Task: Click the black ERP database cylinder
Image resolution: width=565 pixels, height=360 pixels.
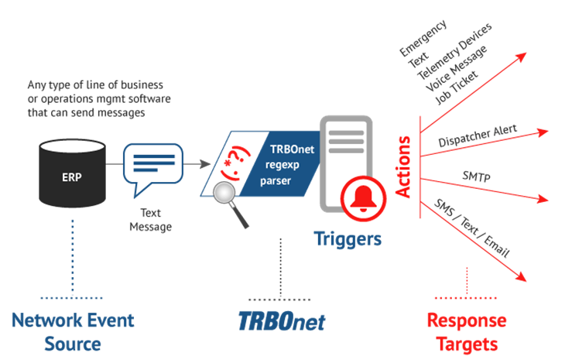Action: [x=72, y=173]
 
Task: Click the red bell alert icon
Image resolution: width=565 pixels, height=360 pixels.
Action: [x=363, y=198]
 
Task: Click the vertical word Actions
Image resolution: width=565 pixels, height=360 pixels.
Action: [x=403, y=166]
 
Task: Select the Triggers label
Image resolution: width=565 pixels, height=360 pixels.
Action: [x=348, y=239]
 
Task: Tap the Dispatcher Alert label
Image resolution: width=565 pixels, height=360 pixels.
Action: [x=478, y=135]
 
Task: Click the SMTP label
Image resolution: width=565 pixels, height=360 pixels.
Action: [x=476, y=177]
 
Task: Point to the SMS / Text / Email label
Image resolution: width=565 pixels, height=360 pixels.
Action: [x=471, y=228]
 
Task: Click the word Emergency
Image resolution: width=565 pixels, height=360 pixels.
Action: [x=423, y=38]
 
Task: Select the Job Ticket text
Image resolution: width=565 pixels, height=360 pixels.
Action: [x=457, y=87]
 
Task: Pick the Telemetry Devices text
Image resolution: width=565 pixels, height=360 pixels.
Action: [x=454, y=51]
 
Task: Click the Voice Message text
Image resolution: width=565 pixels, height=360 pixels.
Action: [x=456, y=68]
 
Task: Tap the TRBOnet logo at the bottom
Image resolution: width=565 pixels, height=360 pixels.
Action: [x=282, y=321]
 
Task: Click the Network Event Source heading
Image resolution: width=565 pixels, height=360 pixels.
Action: [x=73, y=332]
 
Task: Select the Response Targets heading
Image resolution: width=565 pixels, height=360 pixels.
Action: [x=467, y=332]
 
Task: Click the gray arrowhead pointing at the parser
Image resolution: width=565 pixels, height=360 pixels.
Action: [x=205, y=164]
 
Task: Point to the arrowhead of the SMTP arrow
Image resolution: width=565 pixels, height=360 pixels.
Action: [x=543, y=198]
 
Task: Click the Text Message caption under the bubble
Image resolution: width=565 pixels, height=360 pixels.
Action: [x=151, y=220]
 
